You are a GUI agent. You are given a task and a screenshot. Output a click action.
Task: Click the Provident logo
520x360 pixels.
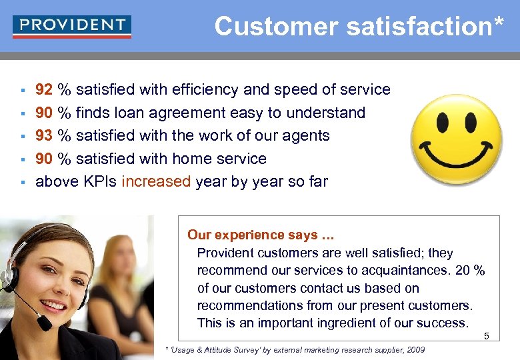(72, 27)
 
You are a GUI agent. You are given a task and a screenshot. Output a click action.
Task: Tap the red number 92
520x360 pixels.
(44, 89)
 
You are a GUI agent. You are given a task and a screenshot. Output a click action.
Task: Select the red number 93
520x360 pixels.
(44, 135)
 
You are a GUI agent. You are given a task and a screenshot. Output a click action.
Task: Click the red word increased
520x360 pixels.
(156, 181)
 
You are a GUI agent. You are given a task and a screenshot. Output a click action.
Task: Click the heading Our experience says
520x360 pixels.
(261, 235)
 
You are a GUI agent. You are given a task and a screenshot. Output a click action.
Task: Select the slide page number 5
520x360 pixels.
(487, 336)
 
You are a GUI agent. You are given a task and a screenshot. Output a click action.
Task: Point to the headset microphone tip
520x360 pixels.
(44, 323)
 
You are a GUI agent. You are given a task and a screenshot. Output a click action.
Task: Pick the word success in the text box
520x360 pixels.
(445, 323)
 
